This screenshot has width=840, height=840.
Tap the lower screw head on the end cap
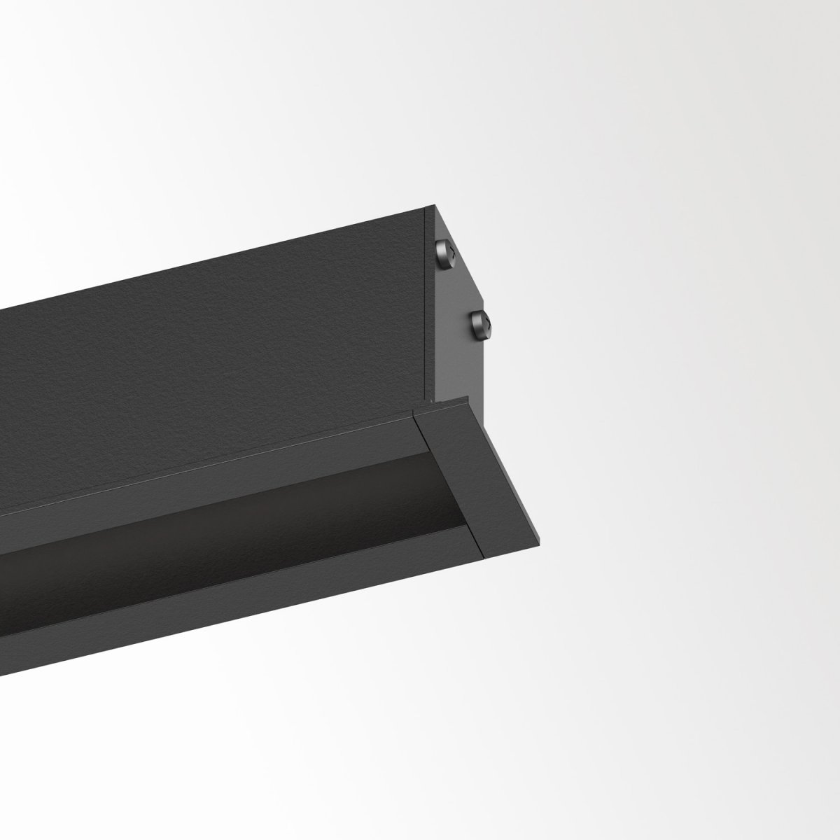click(x=481, y=323)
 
